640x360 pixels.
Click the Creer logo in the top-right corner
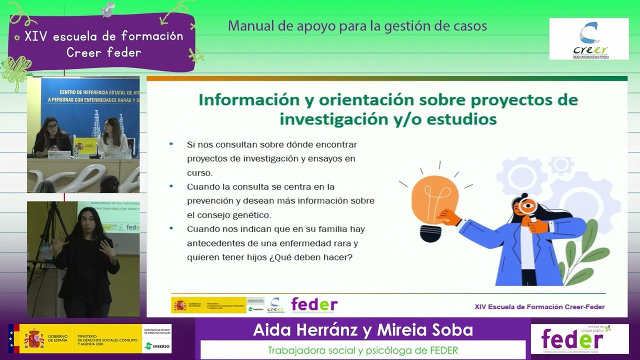coord(588,39)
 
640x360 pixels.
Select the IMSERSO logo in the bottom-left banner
coord(156,345)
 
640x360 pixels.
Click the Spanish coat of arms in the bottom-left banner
coord(34,338)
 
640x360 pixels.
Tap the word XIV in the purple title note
coord(35,36)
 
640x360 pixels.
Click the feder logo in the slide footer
coord(314,304)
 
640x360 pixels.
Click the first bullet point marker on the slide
coord(171,144)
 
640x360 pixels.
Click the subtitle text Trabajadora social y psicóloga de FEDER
coord(363,350)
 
